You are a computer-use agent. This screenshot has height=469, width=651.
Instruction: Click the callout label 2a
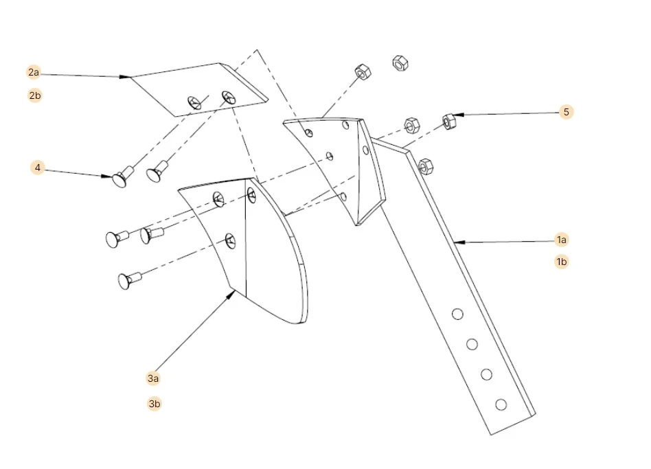click(x=34, y=72)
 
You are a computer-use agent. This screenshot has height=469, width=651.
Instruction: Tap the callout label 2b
click(x=34, y=95)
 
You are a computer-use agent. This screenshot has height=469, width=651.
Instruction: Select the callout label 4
click(x=38, y=168)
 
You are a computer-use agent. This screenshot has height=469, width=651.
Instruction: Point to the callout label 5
click(x=566, y=112)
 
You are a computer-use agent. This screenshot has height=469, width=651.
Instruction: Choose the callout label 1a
click(x=562, y=240)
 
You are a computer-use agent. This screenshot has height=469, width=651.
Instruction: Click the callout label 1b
click(x=562, y=262)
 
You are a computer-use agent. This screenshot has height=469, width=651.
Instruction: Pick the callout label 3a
click(x=153, y=378)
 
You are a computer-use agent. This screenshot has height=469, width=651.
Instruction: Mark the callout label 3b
click(x=155, y=404)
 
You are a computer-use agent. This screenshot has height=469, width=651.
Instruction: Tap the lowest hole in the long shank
click(x=501, y=404)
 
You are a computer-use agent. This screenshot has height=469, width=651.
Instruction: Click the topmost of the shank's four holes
click(x=456, y=314)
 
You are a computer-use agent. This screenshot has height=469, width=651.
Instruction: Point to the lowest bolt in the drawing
click(x=128, y=279)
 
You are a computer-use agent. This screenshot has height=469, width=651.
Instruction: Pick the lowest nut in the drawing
click(x=424, y=165)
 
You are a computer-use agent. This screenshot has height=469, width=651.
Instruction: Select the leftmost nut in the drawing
click(x=362, y=71)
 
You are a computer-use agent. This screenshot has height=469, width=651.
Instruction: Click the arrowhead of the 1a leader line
click(x=455, y=242)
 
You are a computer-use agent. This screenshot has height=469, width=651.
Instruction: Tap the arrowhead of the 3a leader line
click(x=233, y=293)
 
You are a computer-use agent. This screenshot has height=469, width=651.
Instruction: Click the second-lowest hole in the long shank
click(x=486, y=374)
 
